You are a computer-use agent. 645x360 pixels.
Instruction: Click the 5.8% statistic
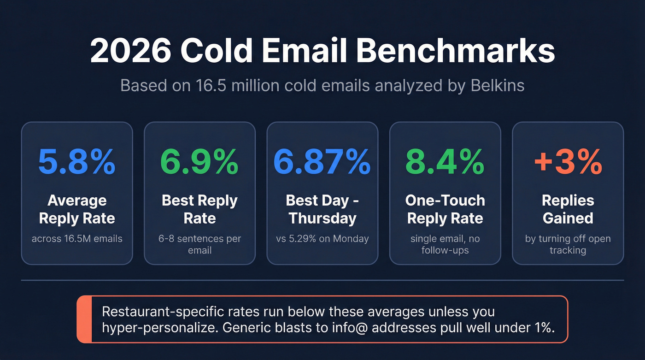[77, 161]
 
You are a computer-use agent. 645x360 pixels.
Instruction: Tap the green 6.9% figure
[199, 161]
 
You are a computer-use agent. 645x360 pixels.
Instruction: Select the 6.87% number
[322, 161]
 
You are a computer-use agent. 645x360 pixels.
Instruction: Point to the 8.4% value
[445, 161]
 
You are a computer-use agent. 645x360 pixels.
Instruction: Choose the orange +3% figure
[568, 161]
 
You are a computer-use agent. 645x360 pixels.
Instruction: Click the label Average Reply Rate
[77, 209]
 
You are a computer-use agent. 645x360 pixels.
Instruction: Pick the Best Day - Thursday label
[322, 209]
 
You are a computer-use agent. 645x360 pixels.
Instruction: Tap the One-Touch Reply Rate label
[445, 209]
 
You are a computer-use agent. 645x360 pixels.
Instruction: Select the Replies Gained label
[568, 209]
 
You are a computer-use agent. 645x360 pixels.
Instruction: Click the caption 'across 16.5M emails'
[77, 238]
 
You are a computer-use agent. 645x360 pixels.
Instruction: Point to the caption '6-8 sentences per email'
[199, 244]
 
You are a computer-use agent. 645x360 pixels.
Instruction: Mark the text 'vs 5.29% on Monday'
[322, 238]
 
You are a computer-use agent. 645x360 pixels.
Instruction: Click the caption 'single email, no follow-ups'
[445, 244]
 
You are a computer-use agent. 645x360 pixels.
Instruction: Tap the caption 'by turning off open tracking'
[568, 244]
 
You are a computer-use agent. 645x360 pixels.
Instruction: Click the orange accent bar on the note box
[84, 319]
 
